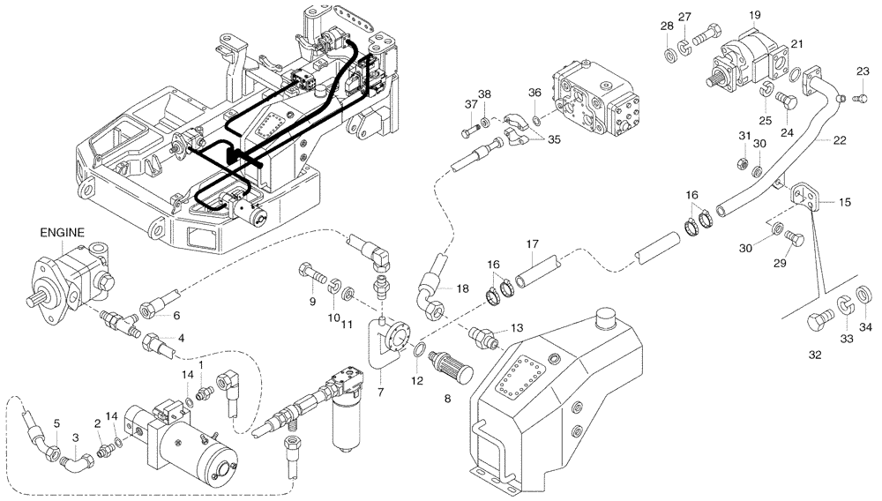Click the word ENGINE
(x=62, y=233)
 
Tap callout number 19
(x=755, y=16)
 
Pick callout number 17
(x=533, y=244)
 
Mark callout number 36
(x=534, y=93)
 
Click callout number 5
(x=56, y=424)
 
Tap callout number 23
(x=863, y=71)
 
